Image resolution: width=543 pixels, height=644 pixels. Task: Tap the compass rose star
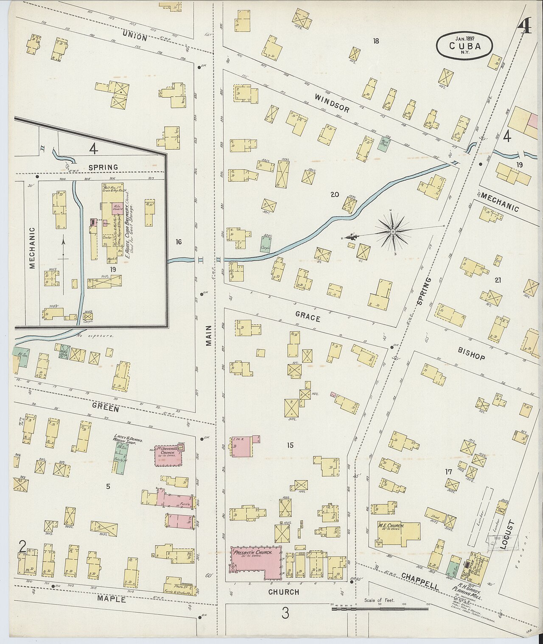393,232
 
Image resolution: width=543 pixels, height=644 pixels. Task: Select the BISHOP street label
471,354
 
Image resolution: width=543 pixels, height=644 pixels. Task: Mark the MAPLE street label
111,599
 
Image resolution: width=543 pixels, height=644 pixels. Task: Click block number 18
376,41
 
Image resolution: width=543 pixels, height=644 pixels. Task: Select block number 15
290,445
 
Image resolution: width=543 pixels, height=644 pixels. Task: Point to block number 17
448,472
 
